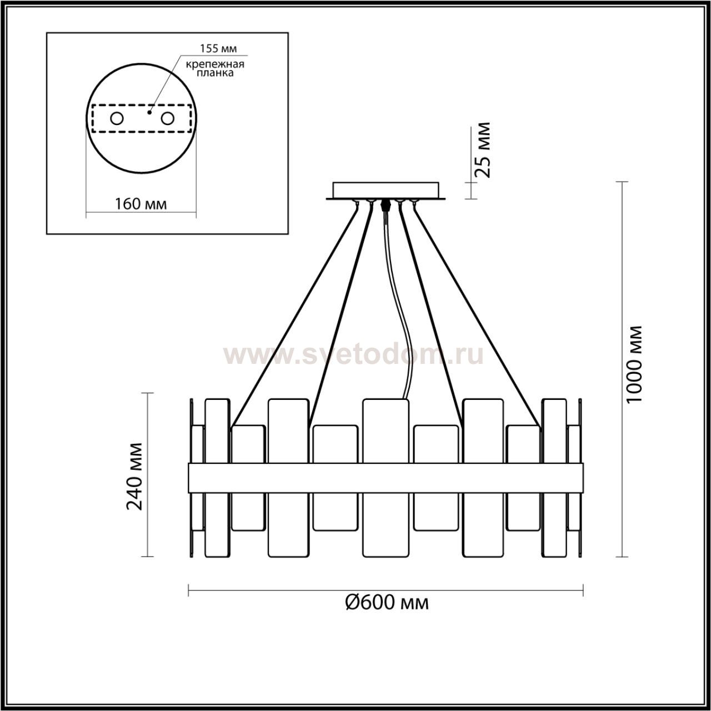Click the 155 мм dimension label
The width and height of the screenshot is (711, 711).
pos(218,48)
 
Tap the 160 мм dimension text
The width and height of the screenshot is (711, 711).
pos(141,204)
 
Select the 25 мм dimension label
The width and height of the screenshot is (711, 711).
pos(482,150)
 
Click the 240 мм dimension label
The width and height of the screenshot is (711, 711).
pos(134,476)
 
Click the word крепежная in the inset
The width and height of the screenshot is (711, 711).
pos(215,64)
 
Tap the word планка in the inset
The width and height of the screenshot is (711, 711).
pos(215,73)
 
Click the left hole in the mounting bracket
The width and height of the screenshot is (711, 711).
pos(117,119)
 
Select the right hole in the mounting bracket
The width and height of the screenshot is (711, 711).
pos(167,119)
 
